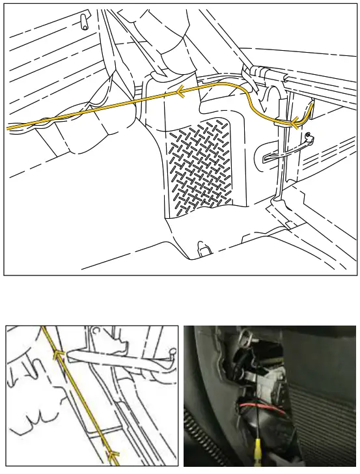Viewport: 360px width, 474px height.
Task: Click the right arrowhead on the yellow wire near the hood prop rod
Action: click(296, 120)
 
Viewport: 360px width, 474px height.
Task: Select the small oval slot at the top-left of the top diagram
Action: click(83, 21)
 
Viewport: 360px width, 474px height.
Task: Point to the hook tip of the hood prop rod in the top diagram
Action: click(309, 137)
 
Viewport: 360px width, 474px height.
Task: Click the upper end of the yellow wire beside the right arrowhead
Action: click(314, 102)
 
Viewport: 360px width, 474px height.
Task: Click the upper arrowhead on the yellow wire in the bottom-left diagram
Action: click(59, 355)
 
